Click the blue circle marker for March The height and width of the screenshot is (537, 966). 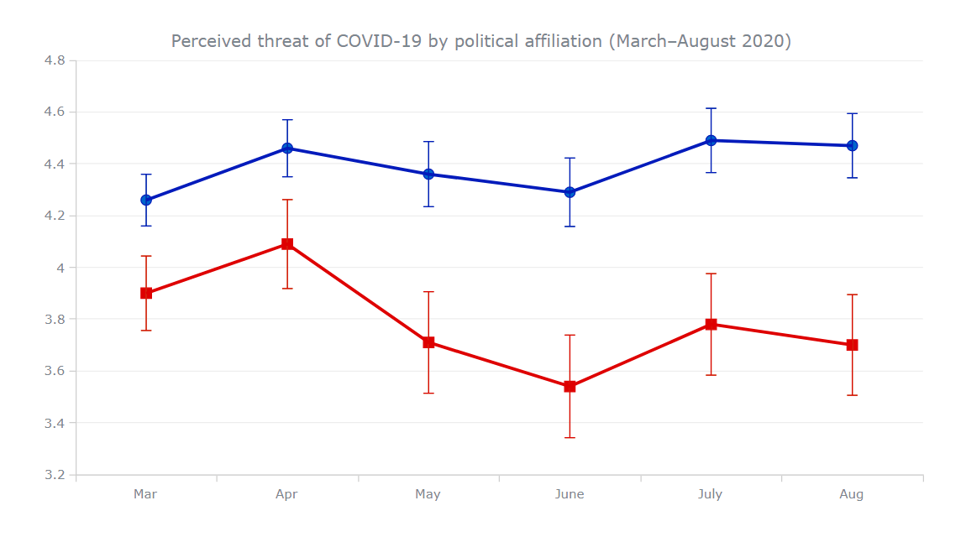(146, 200)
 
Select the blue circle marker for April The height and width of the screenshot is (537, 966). (287, 149)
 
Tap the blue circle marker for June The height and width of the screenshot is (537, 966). (570, 192)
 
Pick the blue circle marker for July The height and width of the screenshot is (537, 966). (711, 140)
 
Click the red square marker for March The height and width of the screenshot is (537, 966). (146, 293)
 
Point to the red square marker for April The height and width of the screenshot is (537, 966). (287, 244)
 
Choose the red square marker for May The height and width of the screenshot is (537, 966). (428, 342)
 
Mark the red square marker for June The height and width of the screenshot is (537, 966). (570, 387)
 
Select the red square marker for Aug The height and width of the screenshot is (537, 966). (852, 345)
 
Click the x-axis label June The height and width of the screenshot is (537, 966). (570, 494)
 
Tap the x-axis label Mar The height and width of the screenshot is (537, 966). (145, 494)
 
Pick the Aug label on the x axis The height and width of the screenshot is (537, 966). (851, 494)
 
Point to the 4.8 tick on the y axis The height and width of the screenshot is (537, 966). (55, 60)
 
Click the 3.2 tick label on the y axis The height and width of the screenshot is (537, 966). (55, 475)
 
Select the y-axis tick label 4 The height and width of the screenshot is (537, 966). (61, 268)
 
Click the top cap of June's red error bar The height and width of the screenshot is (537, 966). (570, 335)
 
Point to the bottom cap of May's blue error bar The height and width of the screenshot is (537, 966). (428, 206)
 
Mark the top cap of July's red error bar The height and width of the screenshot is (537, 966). (711, 274)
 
